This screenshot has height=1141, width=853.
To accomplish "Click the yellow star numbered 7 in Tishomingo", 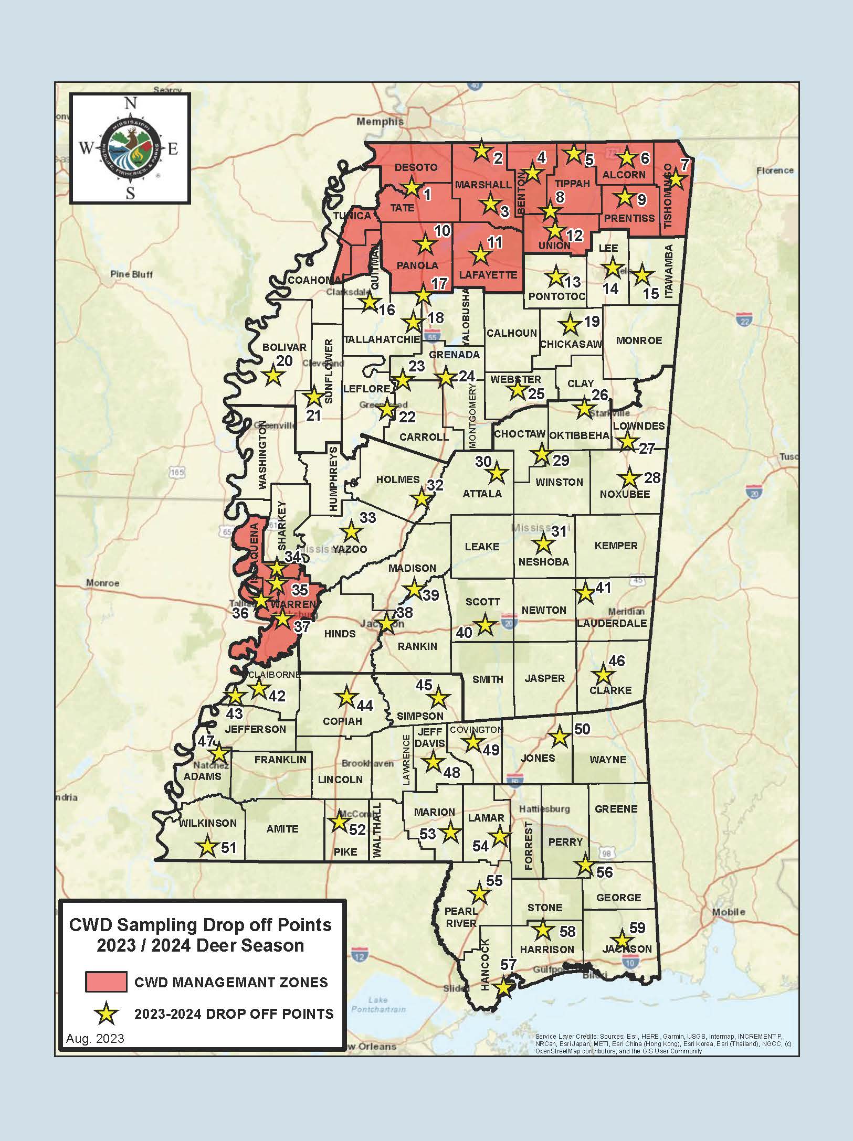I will (x=676, y=180).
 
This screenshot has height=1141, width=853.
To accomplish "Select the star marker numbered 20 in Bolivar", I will (x=273, y=376).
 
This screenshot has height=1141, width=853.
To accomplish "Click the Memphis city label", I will (x=380, y=122).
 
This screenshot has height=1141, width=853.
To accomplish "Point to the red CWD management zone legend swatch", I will (x=106, y=982).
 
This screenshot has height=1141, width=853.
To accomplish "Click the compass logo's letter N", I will (x=130, y=104).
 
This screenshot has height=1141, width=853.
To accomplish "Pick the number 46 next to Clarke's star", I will (x=617, y=661).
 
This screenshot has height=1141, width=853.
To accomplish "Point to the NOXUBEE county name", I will (x=625, y=494).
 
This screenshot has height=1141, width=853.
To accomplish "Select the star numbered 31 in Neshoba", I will (x=543, y=545).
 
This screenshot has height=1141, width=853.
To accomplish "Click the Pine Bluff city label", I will (x=132, y=274).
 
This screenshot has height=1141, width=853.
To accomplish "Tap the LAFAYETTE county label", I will (x=488, y=275).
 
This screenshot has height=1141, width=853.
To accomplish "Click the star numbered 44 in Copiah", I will (x=346, y=697).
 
